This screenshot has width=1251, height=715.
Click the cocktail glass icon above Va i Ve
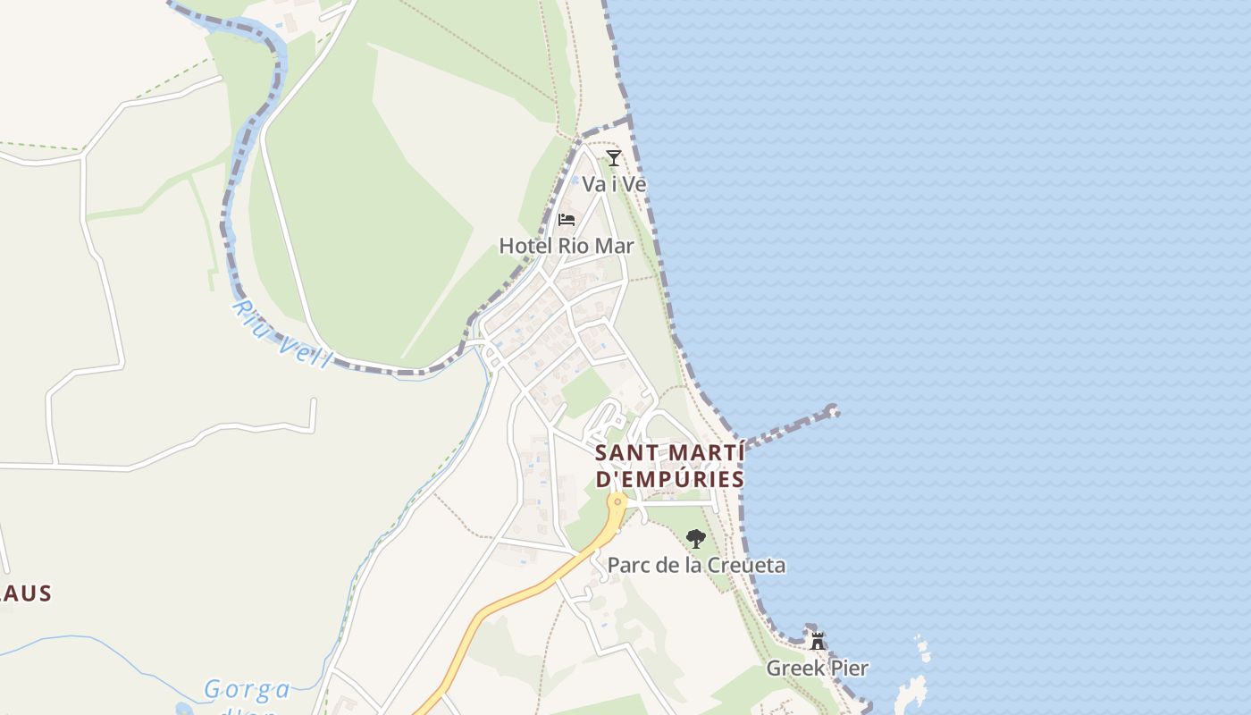[x=613, y=158]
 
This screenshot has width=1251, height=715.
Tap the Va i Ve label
[x=614, y=184]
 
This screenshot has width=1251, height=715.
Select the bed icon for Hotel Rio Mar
[x=566, y=219]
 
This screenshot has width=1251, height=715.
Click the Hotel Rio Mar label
[x=567, y=246]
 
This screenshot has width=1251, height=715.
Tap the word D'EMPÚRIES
[x=669, y=480]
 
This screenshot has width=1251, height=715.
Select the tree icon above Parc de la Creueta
[x=695, y=538]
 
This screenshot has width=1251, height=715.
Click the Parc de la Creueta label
[x=696, y=565]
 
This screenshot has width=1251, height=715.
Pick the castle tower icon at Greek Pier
[x=817, y=641]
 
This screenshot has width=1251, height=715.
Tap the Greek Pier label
[x=817, y=668]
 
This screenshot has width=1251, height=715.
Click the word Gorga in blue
[x=248, y=690]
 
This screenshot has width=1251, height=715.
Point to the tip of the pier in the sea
[x=833, y=411]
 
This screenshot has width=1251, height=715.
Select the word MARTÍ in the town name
[x=701, y=453]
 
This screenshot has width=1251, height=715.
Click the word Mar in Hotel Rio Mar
[x=615, y=246]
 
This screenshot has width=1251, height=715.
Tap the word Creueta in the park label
[x=746, y=565]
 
